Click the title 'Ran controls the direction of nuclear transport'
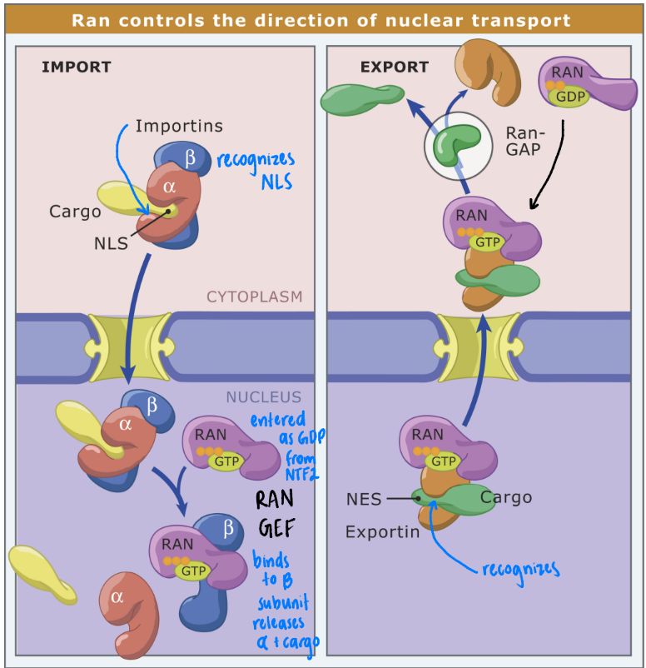[x=321, y=19]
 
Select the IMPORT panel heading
[x=76, y=67]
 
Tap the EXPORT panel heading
[x=394, y=67]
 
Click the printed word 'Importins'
[x=179, y=127]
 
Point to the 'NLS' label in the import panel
[x=109, y=244]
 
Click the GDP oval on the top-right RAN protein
[x=570, y=96]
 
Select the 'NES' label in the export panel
[x=364, y=500]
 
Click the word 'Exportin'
[x=382, y=531]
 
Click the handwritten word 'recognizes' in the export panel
[x=520, y=569]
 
